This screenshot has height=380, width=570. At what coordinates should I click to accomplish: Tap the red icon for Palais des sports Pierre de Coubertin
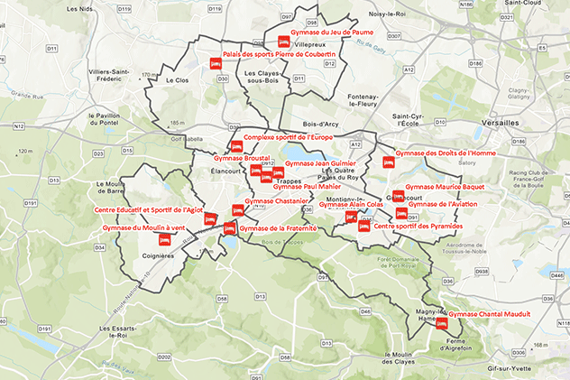215,64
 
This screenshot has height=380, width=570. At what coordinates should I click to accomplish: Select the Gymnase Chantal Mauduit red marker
442,323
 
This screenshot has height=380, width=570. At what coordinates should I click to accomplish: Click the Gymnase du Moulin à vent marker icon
164,240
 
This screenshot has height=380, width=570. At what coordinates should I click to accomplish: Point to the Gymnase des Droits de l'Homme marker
389,163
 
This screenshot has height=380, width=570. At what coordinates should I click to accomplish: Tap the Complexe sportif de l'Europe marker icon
236,146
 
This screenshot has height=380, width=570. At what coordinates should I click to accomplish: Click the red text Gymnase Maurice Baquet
445,187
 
